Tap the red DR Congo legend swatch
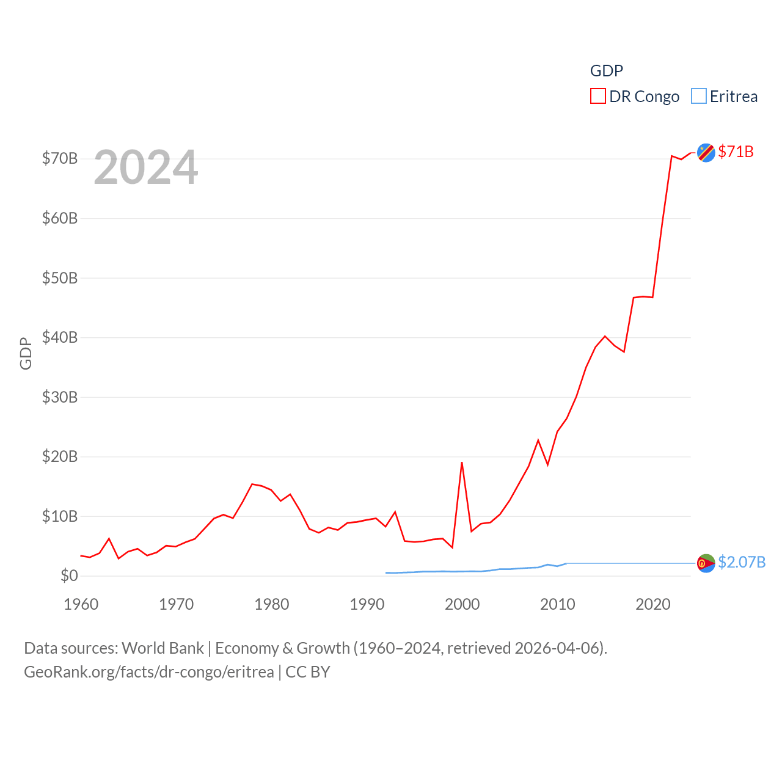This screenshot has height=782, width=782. coord(597,97)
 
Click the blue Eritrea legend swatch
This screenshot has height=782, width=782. coord(699,97)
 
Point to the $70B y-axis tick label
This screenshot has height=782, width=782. coord(60,159)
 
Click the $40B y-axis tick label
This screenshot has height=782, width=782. coord(60,337)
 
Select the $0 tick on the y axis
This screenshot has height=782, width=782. coord(69,576)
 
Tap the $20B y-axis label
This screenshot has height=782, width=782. coord(60,456)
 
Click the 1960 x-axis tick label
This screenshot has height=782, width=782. coord(81,604)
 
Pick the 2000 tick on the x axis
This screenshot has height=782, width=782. coord(462,604)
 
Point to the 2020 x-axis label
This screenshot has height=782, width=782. coord(653,604)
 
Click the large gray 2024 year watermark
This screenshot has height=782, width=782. coord(146,167)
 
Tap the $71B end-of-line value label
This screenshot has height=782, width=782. coord(736,152)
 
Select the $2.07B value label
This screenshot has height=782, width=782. coord(742,562)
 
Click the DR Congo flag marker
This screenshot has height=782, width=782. coord(706,152)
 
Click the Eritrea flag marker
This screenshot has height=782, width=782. coord(706,563)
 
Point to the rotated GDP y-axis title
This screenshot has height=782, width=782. coord(26,353)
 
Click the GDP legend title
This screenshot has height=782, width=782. coord(607,71)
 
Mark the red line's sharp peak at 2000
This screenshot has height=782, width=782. coord(462,462)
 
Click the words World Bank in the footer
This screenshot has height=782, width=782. coord(163,648)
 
